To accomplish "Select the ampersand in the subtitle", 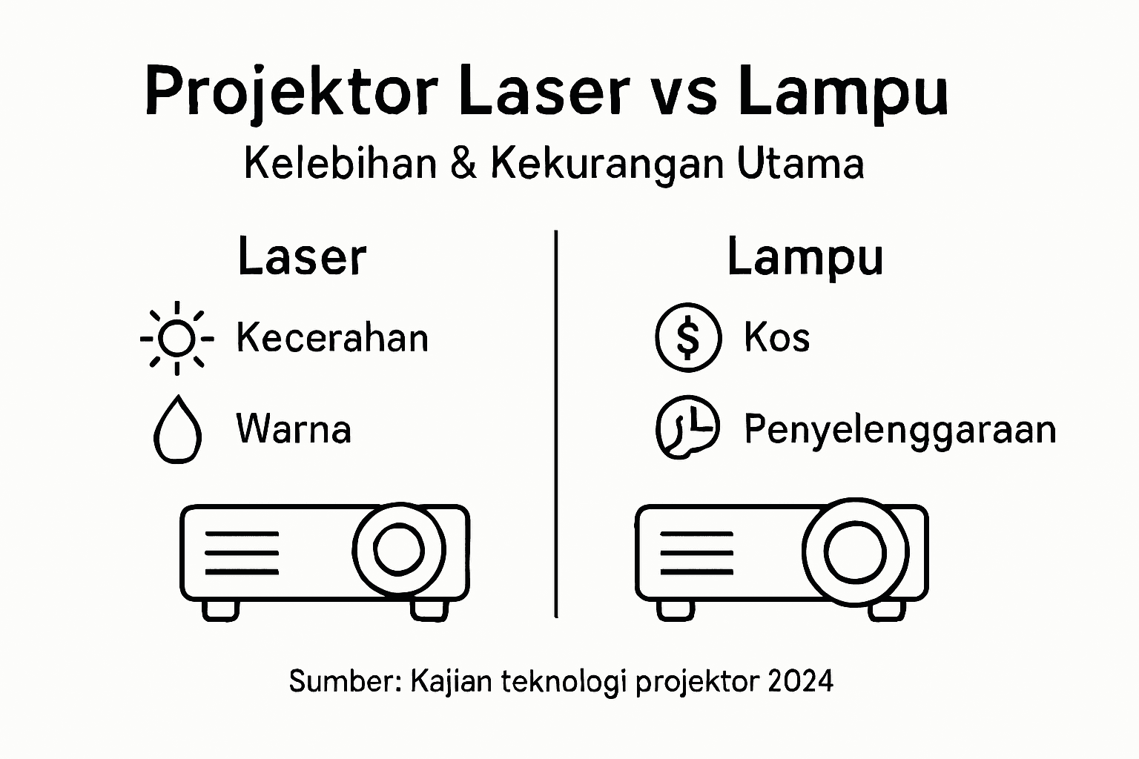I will [463, 163].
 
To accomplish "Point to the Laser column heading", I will [302, 257].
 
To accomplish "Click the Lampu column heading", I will [805, 258].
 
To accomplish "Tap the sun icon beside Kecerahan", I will [176, 339].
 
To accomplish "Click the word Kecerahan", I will [332, 338].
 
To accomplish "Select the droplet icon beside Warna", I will [177, 429].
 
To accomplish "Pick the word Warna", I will [294, 429].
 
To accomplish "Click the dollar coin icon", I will [688, 337].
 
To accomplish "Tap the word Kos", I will [776, 337].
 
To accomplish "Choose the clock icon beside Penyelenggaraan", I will [687, 428].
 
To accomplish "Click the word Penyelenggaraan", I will [899, 430].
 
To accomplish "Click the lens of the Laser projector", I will [399, 548].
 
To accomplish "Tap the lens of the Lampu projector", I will [855, 551].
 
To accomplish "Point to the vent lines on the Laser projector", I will [242, 553].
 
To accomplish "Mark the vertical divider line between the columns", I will [556, 422].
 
